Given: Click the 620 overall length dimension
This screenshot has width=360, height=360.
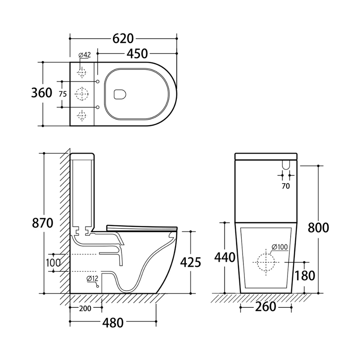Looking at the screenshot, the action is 123,39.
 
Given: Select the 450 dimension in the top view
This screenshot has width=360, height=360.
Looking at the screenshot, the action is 137,54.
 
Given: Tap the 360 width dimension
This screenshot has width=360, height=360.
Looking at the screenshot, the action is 41,93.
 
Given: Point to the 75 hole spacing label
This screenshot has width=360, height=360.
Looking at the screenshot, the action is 63,94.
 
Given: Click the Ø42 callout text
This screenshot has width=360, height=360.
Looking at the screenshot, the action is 85,55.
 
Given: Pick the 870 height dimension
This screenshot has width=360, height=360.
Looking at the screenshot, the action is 42,223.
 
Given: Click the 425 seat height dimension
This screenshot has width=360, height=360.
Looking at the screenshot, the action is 190,262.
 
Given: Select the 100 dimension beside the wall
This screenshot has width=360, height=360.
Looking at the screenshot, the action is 53,263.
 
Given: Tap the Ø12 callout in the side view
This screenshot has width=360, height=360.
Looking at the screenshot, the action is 92,279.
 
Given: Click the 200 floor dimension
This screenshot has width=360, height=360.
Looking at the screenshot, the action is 85,308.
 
